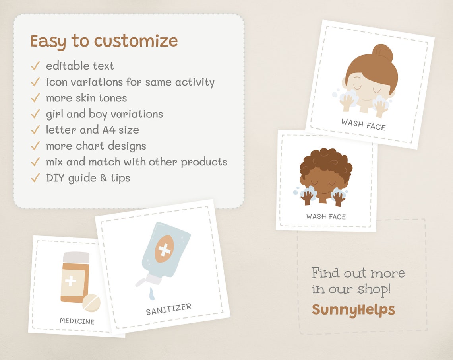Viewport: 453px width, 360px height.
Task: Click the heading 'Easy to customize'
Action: [104, 41]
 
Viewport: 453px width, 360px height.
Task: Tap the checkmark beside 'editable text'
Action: [35, 66]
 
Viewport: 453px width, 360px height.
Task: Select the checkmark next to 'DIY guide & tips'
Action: [35, 178]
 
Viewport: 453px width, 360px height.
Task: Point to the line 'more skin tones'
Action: [86, 98]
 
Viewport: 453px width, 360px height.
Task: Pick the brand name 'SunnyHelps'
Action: [353, 309]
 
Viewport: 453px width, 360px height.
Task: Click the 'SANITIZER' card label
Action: [168, 309]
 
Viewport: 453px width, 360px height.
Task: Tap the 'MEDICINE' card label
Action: [77, 321]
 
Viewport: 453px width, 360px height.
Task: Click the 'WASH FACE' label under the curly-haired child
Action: [326, 217]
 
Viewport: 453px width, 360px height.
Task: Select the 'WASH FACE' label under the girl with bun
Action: [363, 124]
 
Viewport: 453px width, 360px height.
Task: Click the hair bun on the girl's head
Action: [382, 53]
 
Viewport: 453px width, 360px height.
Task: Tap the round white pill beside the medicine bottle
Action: [91, 303]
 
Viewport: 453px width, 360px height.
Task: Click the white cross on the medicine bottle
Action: [70, 281]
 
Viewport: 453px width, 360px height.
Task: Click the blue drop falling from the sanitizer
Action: [151, 295]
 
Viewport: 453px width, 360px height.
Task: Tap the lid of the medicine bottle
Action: [76, 257]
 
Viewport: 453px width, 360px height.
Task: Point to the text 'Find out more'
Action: [358, 273]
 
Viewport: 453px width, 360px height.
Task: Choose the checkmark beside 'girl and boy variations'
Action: [35, 114]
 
